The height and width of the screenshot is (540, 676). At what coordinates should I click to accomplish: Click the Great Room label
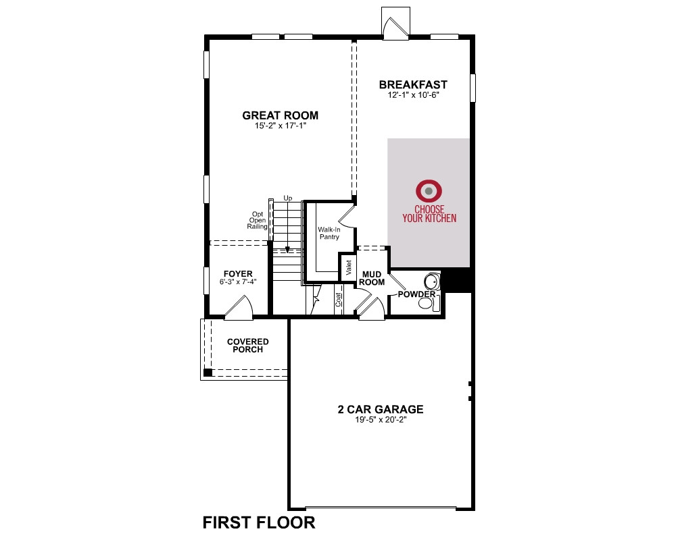pos(281,115)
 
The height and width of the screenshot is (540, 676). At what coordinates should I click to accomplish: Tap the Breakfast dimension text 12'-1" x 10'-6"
pos(413,95)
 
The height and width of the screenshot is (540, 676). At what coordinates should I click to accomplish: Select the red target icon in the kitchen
pos(429,191)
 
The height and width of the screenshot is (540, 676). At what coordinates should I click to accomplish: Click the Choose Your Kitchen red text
pos(429,214)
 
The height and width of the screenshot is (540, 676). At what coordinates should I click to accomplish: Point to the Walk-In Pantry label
pos(329,234)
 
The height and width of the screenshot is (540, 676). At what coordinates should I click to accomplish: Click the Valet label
pos(349,267)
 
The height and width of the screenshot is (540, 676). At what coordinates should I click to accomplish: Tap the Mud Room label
pos(372,278)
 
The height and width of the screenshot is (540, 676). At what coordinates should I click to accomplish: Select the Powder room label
pos(416,294)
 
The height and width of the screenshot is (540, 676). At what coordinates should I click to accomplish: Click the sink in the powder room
pos(431,282)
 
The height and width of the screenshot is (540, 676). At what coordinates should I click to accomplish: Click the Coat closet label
pos(339,300)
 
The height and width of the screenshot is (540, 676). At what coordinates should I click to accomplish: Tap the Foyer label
pos(238,274)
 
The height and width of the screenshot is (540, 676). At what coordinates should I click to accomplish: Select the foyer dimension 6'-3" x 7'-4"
pos(238,282)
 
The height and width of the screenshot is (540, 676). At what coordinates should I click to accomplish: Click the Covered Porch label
pos(248,346)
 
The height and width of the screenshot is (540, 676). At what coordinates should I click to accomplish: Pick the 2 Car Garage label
pos(381,409)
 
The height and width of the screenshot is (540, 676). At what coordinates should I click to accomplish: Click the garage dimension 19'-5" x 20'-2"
pos(381,420)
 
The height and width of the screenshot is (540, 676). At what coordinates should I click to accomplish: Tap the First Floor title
pos(259,522)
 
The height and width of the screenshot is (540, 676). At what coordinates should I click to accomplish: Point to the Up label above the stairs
pos(288,198)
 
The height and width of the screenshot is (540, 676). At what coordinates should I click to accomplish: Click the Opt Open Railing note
pos(258,221)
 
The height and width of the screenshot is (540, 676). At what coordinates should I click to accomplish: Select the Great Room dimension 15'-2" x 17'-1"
pos(281,126)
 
